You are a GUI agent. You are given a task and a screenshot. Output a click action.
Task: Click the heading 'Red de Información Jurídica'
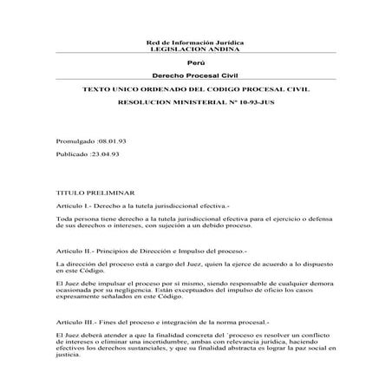click(195, 42)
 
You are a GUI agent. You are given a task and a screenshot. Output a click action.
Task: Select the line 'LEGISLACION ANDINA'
click(195, 49)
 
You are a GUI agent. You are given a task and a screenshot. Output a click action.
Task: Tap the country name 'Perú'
click(195, 63)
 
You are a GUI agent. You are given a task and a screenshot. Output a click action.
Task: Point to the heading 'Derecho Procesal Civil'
click(195, 77)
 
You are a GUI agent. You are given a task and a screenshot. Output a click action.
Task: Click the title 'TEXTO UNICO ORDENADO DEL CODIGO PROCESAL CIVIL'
click(195, 90)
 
